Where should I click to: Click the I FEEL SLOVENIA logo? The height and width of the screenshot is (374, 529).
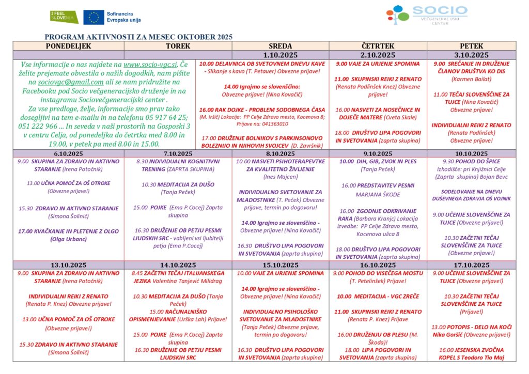[64, 17]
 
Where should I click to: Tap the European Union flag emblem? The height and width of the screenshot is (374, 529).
[94, 17]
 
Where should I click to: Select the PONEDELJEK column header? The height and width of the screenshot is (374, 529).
[69, 46]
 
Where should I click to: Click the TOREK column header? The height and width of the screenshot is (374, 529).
[178, 46]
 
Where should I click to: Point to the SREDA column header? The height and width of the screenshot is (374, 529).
[280, 46]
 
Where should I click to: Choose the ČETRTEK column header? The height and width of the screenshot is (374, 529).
[378, 46]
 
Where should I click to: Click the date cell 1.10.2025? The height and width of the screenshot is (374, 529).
[280, 55]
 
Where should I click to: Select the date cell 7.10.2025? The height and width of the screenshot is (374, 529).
[178, 153]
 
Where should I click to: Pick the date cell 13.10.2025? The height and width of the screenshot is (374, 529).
[69, 265]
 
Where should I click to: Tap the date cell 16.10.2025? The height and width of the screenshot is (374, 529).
[378, 265]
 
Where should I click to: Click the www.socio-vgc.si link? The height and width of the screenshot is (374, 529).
[150, 65]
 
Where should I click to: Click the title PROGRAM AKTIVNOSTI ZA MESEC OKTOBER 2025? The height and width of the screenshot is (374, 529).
[138, 37]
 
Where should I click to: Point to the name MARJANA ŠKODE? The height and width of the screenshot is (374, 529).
[378, 195]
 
